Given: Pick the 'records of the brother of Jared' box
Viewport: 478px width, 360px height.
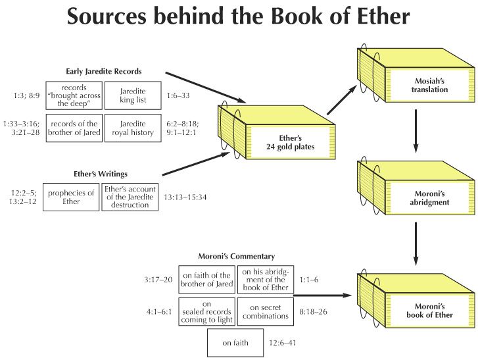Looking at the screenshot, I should click(73, 128).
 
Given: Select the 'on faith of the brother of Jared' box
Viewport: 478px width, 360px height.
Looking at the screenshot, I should click(206, 280).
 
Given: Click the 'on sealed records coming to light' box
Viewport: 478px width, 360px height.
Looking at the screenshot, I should click(206, 311).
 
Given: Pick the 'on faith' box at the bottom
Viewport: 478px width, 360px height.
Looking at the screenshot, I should click(235, 342).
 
